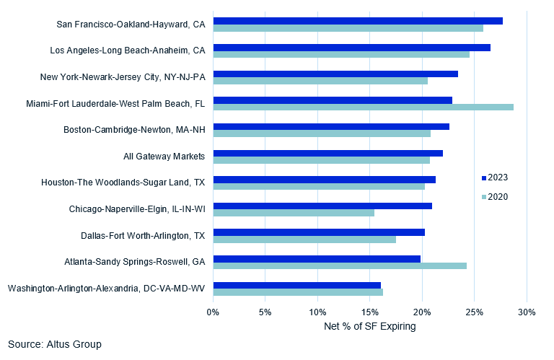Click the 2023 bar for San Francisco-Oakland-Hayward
coord(358,21)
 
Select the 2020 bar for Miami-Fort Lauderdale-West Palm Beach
coord(363,107)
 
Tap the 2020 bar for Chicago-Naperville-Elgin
coord(294,213)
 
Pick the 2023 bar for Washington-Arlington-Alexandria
coord(296,285)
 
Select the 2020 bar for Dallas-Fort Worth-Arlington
coord(304,239)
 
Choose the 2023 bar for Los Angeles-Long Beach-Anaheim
coord(351,47)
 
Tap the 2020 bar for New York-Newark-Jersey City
coord(320,80)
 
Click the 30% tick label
coord(527,312)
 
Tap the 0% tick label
coord(214,312)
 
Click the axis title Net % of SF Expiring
coord(370,327)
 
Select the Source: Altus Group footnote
coord(55,344)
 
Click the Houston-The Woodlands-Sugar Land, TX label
coord(123,183)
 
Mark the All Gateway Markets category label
coord(164,156)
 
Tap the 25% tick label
coord(475,312)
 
